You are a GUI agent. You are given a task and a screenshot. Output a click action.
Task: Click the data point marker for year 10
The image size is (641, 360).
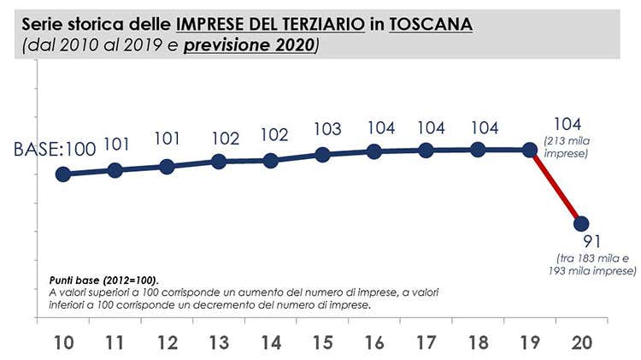[x=62, y=174]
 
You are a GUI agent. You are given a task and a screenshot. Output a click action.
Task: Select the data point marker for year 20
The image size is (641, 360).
[x=581, y=223]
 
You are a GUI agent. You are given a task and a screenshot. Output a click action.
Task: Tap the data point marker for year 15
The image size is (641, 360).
[x=322, y=155]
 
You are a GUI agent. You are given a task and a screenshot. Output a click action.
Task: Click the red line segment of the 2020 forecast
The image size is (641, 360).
[x=556, y=187]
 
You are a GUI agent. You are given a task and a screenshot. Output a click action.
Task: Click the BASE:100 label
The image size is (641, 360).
[x=54, y=149]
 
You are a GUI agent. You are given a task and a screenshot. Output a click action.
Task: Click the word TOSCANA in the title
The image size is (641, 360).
[x=431, y=26]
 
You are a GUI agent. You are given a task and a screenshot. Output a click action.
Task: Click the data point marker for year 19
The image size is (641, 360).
[x=530, y=150]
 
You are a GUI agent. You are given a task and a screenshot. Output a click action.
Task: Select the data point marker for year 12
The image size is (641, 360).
[x=167, y=166]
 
